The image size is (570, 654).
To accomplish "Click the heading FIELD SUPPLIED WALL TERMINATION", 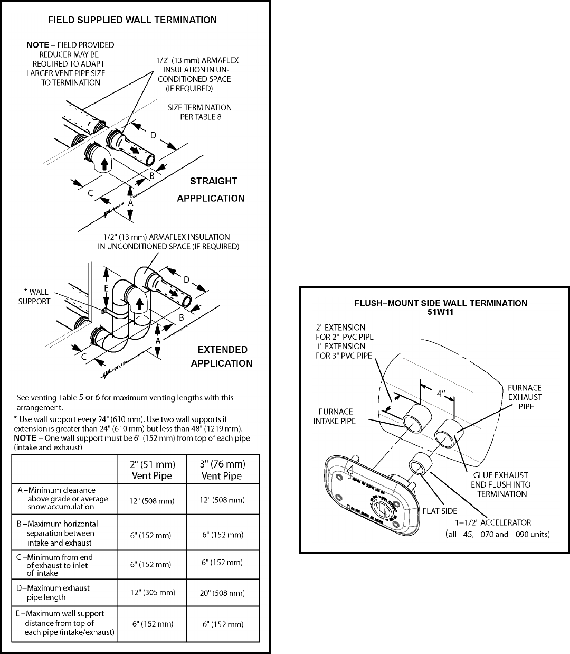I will point(132,20).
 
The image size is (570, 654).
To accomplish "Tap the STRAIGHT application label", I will point(213,181).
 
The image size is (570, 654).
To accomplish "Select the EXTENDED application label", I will point(222,350).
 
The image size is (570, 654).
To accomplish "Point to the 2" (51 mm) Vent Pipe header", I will point(152,470).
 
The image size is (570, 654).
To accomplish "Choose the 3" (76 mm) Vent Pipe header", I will point(222,470).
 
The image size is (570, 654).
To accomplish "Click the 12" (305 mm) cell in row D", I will point(153,592).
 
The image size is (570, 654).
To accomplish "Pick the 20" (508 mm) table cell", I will point(223,593).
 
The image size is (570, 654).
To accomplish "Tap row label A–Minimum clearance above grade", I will point(62,498).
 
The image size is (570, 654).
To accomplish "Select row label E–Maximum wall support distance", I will point(65,623).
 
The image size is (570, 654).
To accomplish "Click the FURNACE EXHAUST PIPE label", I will point(525,397).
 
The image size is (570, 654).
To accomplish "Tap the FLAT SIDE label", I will point(440,511).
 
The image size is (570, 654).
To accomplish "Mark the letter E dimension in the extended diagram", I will point(106,288).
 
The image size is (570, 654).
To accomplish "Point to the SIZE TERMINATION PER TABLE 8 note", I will point(199,111).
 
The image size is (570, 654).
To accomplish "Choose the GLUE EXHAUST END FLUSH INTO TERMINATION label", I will point(500,484).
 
